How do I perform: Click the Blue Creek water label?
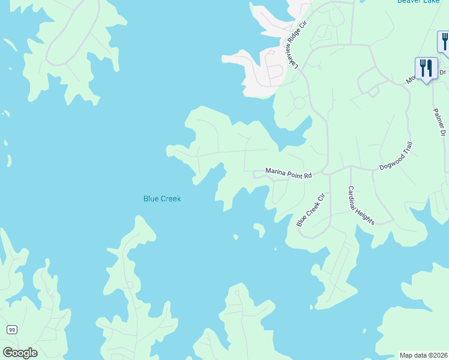click(162, 199)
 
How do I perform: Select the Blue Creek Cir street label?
click(310, 209)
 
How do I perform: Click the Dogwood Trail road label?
click(396, 157)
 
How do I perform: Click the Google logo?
click(20, 352)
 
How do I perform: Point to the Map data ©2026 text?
click(423, 355)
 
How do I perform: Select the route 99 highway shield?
click(11, 329)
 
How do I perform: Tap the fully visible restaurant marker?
click(426, 67)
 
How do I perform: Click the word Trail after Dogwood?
click(407, 149)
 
